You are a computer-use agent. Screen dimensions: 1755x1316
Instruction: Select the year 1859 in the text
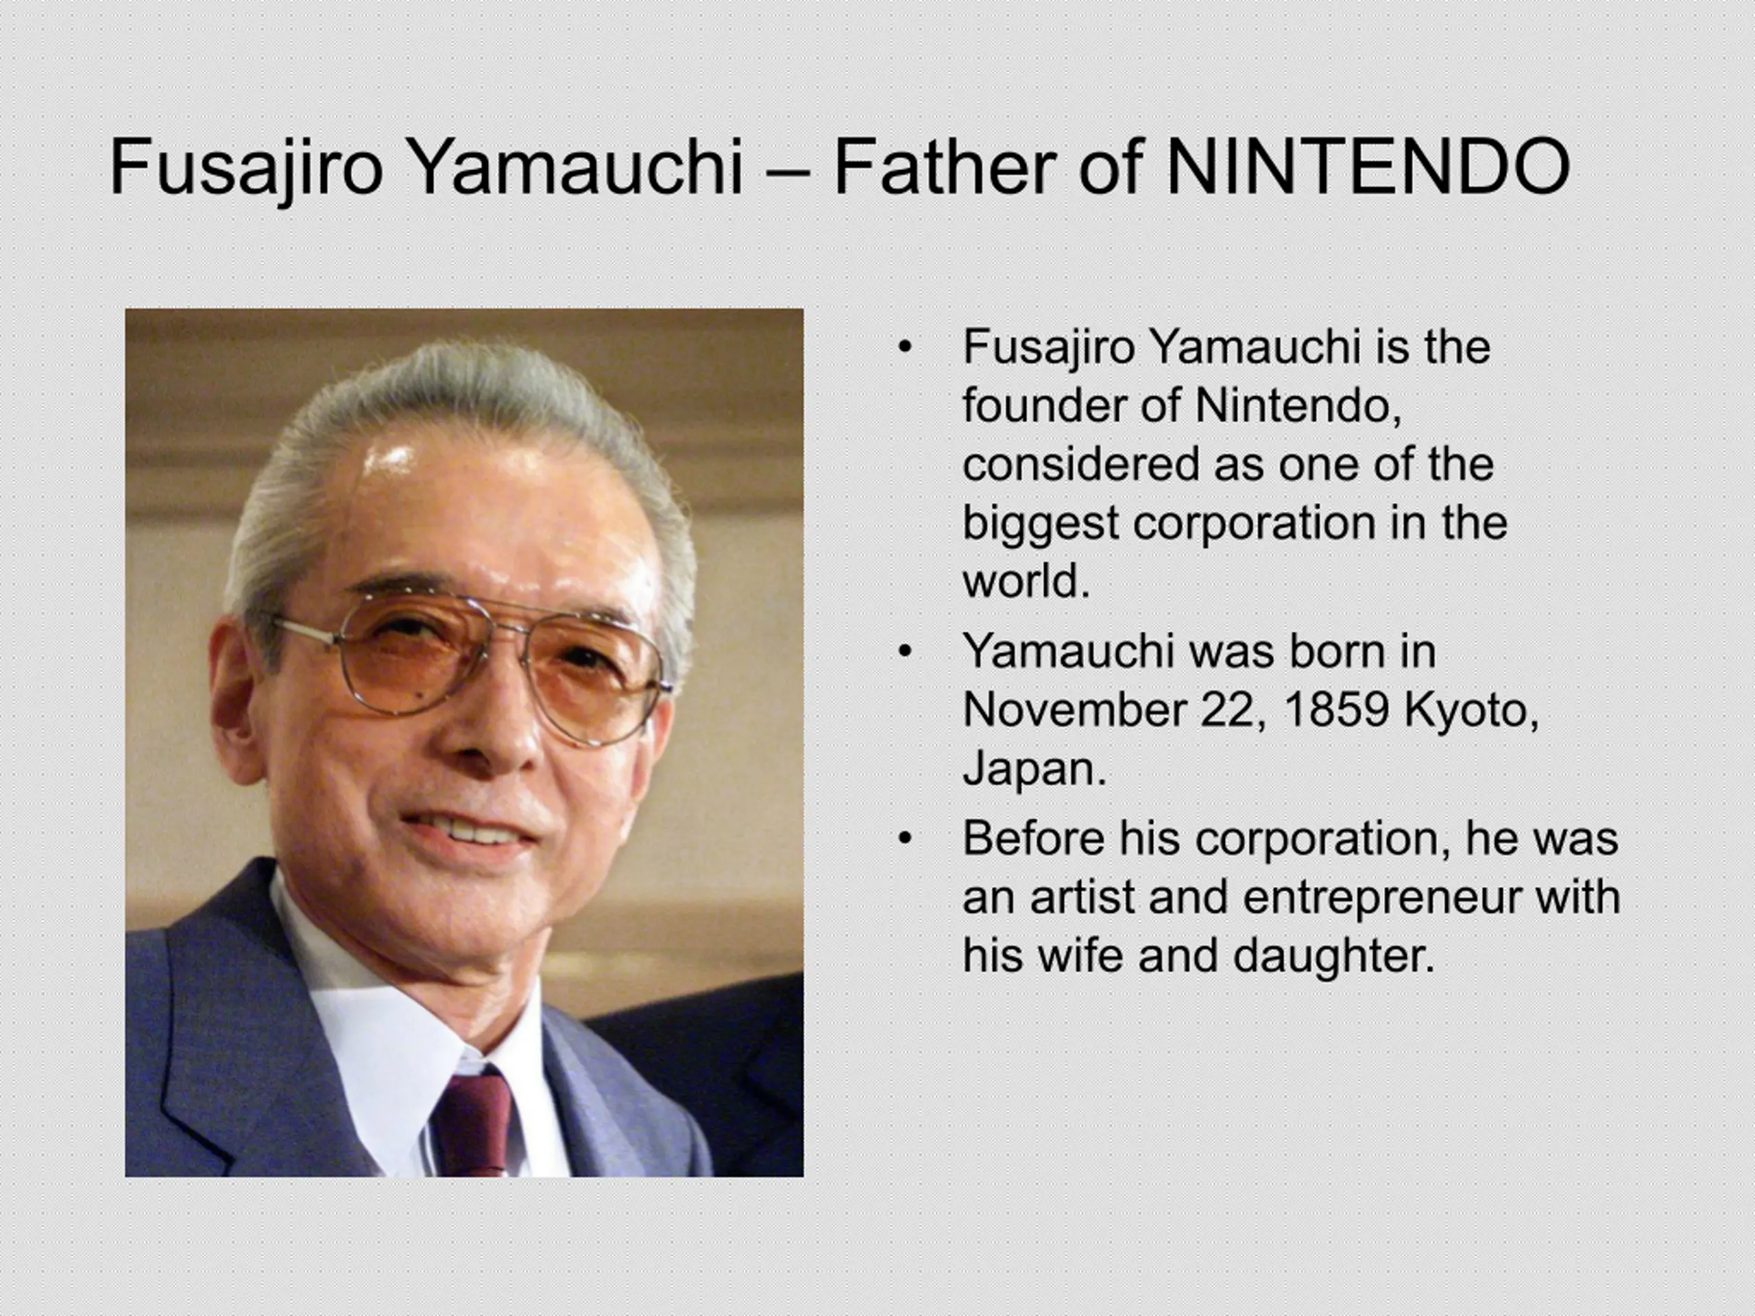point(1336,710)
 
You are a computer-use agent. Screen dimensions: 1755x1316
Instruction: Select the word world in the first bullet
point(1026,581)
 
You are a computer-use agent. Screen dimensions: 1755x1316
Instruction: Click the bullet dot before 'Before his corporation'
point(904,839)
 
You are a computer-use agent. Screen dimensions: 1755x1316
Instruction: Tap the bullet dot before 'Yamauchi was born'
point(904,652)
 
